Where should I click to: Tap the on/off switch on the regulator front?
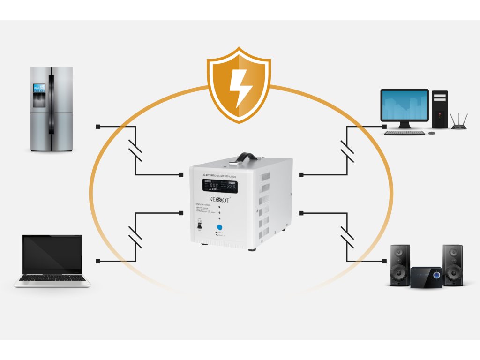click(199, 225)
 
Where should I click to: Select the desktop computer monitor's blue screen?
click(405, 105)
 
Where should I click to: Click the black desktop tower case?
click(440, 109)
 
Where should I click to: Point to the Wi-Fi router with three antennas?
click(459, 123)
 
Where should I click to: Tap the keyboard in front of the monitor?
click(404, 133)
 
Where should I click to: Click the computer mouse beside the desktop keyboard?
click(431, 133)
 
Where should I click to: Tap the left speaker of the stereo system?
click(400, 265)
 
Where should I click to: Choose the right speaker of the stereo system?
click(453, 265)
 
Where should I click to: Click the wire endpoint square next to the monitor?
click(384, 127)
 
